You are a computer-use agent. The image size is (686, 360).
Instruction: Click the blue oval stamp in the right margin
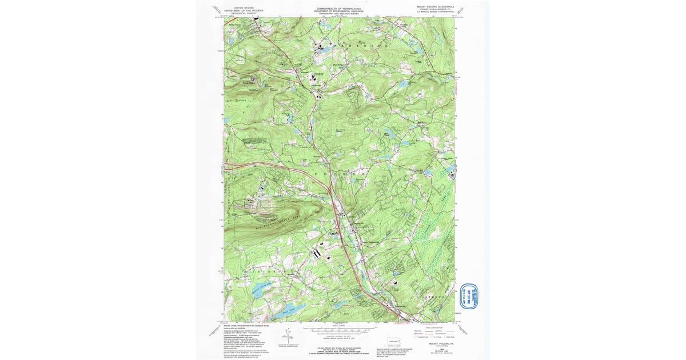(x=468, y=295)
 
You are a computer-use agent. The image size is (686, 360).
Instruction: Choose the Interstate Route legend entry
(x=426, y=337)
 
